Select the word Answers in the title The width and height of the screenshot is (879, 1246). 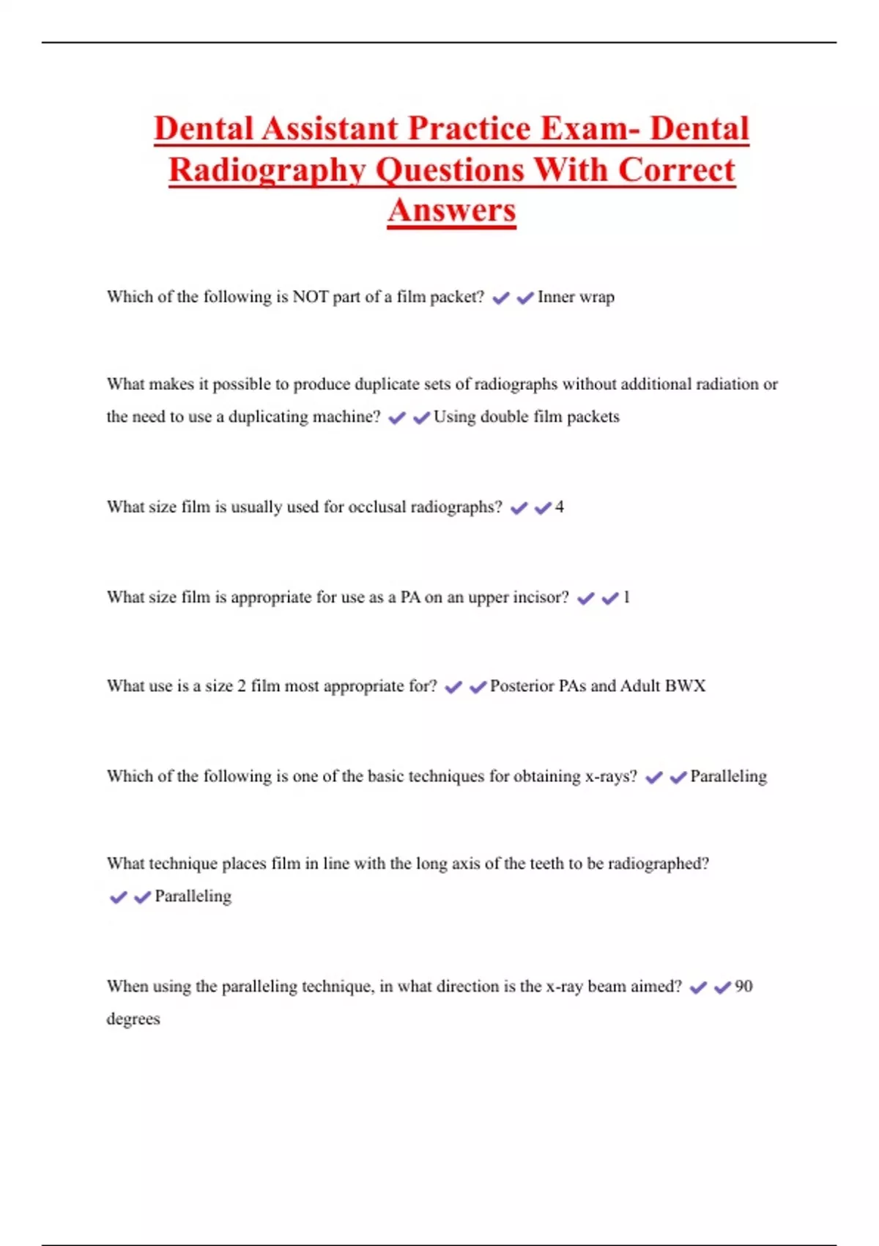[452, 210]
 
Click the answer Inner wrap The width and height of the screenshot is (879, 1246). [576, 297]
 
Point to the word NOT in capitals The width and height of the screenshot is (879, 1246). [310, 297]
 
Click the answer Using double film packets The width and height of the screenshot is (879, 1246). [526, 417]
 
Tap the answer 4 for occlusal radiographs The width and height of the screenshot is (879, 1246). [560, 507]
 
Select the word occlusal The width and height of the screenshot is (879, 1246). [377, 507]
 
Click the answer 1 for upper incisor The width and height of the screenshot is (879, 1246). [626, 597]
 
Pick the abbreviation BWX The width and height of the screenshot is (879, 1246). [685, 686]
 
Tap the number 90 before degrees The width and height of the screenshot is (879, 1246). [743, 987]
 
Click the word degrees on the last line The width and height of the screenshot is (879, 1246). [133, 1020]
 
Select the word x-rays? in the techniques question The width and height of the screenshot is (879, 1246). [611, 776]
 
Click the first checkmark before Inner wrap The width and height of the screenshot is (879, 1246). [501, 298]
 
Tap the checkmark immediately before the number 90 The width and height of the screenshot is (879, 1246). [723, 988]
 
